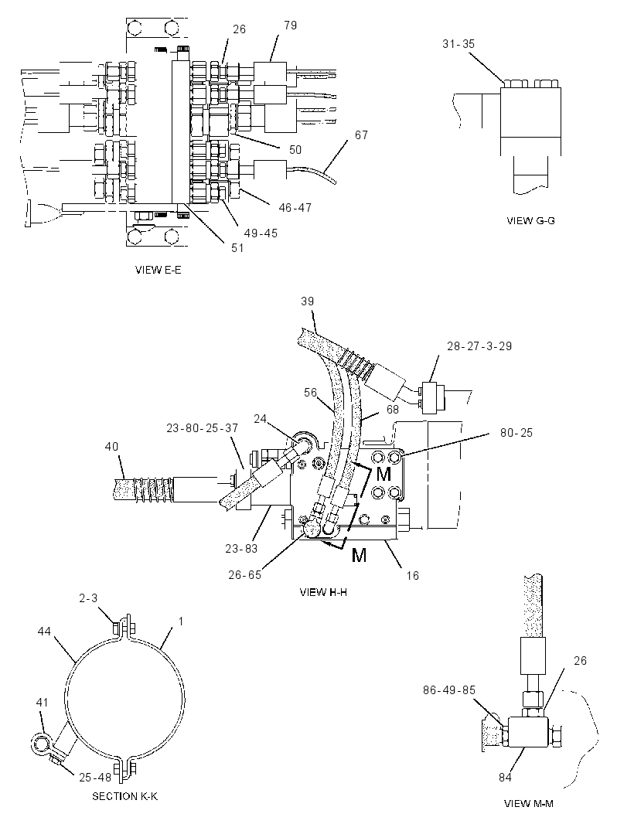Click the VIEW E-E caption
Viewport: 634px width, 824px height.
tap(158, 270)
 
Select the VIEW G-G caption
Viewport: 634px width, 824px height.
tap(530, 221)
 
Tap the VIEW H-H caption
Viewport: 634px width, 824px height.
tap(323, 592)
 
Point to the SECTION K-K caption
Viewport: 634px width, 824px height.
tap(124, 796)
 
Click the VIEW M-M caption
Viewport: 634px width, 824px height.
tap(528, 803)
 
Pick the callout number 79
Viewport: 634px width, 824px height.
tap(290, 26)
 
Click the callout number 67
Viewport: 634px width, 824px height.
tap(361, 135)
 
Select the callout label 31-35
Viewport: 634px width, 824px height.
tap(458, 44)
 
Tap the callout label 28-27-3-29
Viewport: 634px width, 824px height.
tap(479, 346)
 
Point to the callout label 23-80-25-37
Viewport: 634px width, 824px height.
tap(203, 428)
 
